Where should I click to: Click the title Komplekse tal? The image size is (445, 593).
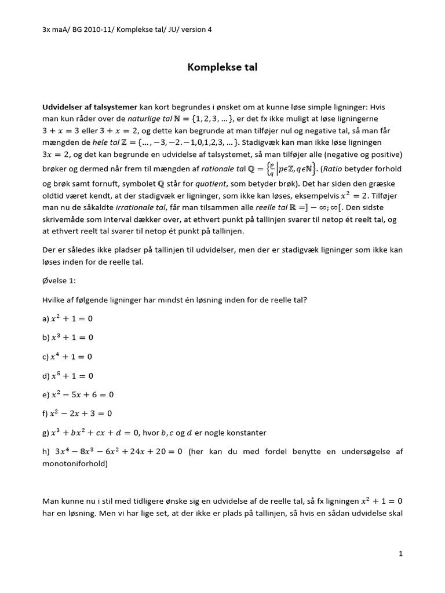[222, 68]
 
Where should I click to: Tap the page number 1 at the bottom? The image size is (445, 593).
[400, 554]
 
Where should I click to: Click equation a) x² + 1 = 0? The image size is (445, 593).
[67, 319]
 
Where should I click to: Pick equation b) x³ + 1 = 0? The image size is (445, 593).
[67, 337]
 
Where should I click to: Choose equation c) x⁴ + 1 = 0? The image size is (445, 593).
[67, 356]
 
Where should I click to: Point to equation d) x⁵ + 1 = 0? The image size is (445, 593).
[67, 375]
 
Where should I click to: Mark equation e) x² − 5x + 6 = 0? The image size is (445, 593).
[78, 394]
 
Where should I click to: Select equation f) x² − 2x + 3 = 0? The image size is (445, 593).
[78, 413]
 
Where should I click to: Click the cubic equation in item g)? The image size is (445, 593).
[96, 433]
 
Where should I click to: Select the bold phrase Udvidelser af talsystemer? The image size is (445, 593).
[90, 107]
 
